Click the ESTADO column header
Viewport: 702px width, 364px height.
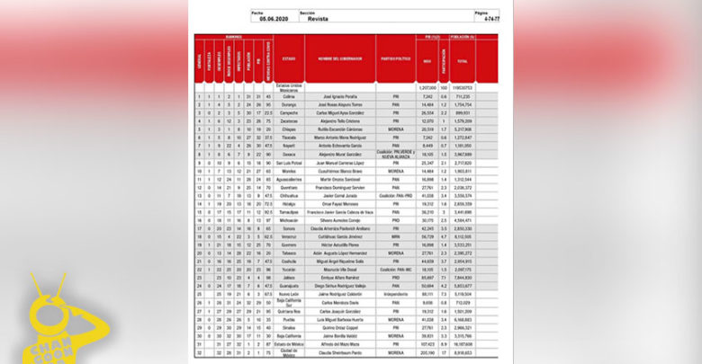coord(288,59)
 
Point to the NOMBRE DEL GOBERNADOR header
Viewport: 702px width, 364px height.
coord(341,59)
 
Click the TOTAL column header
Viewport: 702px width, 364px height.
coord(463,62)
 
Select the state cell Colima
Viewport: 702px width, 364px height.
coord(288,94)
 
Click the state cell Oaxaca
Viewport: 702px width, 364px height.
coord(288,153)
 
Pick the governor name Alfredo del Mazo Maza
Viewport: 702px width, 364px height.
coord(341,343)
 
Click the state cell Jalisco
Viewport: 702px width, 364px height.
coord(288,279)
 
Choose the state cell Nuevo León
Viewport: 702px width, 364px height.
coord(288,293)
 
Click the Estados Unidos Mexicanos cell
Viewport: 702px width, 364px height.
coord(288,86)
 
